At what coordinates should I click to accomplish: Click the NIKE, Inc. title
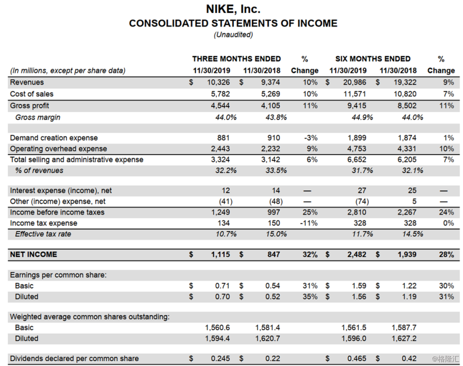[x=233, y=9]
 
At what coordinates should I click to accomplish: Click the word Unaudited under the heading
[x=233, y=35]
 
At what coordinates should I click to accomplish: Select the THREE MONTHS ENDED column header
[x=236, y=59]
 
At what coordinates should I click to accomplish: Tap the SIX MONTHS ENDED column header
[x=373, y=59]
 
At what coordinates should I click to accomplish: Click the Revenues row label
[x=27, y=82]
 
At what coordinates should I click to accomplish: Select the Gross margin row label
[x=38, y=117]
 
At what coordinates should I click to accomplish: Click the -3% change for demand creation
[x=311, y=138]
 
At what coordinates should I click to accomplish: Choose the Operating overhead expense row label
[x=58, y=149]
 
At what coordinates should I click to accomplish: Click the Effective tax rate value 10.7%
[x=226, y=234]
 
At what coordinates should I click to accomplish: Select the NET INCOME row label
[x=33, y=254]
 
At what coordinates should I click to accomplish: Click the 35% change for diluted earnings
[x=310, y=297]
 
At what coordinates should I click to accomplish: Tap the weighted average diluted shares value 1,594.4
[x=218, y=338]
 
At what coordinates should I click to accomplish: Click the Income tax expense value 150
[x=273, y=223]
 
